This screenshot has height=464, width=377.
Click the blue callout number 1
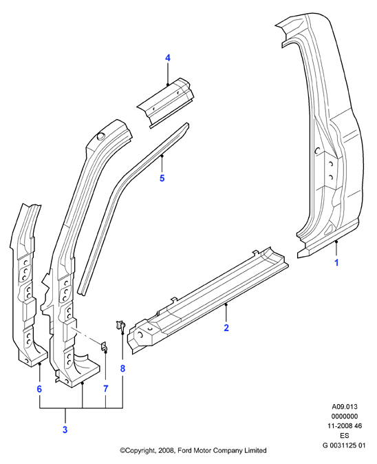(x=336, y=262)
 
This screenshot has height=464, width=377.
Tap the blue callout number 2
(x=226, y=328)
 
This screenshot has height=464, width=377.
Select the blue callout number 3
(x=65, y=430)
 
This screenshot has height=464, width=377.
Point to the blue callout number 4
(x=168, y=58)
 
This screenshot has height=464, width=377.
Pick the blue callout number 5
(x=162, y=178)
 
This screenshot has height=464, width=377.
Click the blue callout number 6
(x=39, y=389)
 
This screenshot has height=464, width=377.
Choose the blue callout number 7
(x=106, y=389)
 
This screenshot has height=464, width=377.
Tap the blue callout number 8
(x=122, y=368)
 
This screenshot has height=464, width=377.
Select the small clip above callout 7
(x=104, y=347)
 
